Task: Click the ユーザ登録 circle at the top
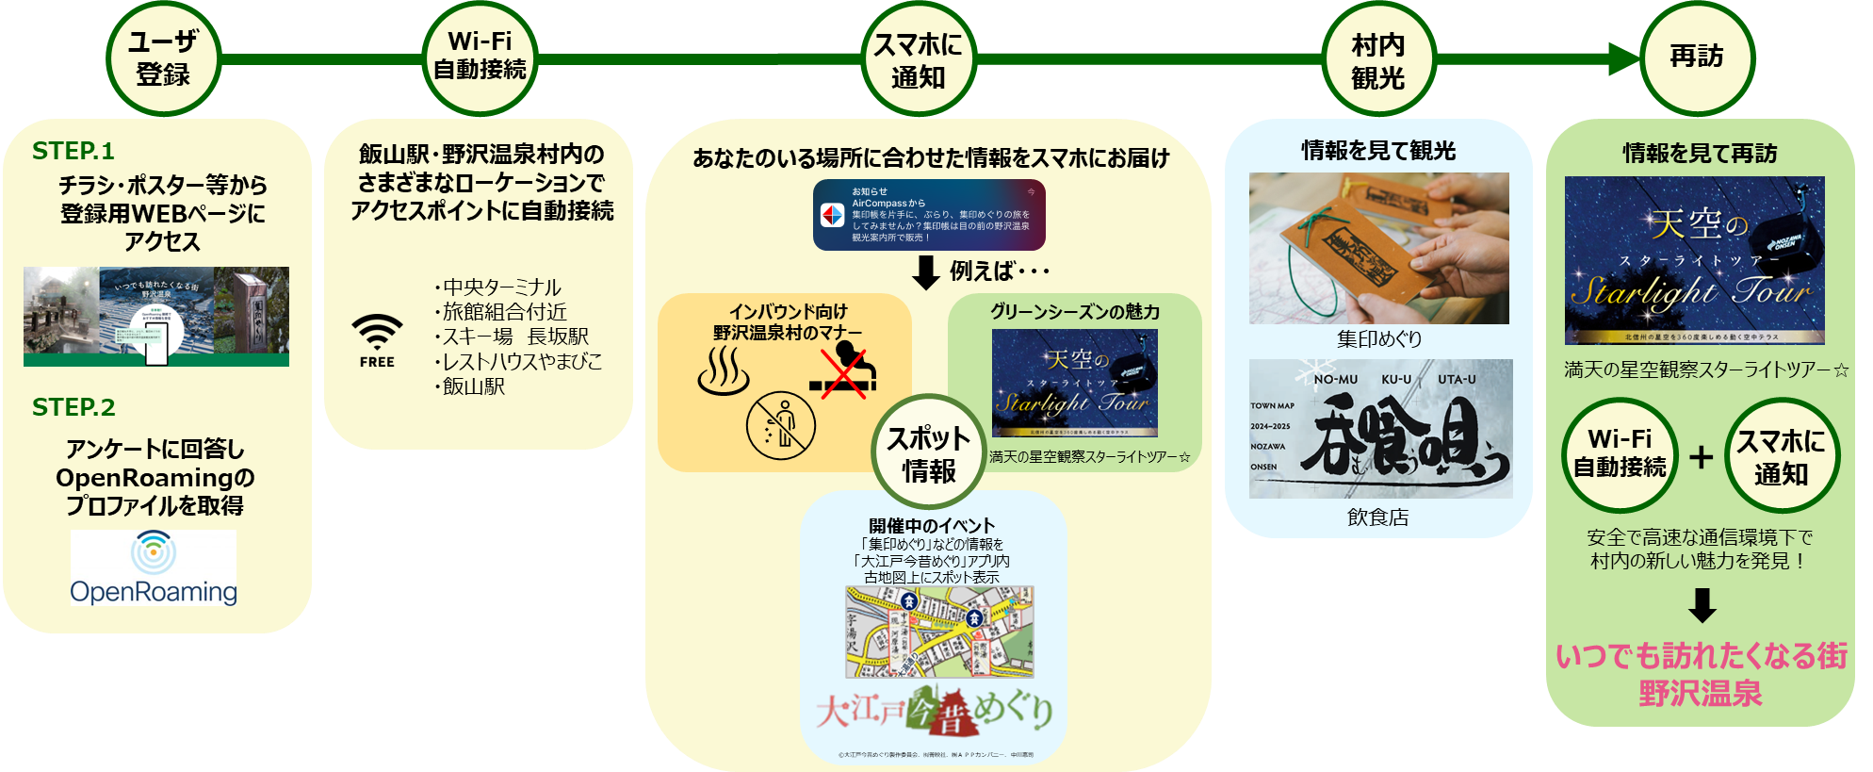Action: [163, 58]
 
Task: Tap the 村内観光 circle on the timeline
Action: [1377, 60]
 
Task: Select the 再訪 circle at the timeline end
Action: [1697, 57]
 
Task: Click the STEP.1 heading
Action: [73, 151]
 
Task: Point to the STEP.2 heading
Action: [73, 407]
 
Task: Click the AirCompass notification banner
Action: [929, 215]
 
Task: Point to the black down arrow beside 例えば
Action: [926, 272]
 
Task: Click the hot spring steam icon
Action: [724, 370]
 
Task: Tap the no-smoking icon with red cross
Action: [843, 370]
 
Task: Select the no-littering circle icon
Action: [780, 425]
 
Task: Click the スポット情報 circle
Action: [929, 453]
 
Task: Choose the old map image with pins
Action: [939, 632]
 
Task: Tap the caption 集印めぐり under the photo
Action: [1379, 339]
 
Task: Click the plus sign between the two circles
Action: [1701, 457]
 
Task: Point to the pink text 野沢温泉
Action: [1700, 694]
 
